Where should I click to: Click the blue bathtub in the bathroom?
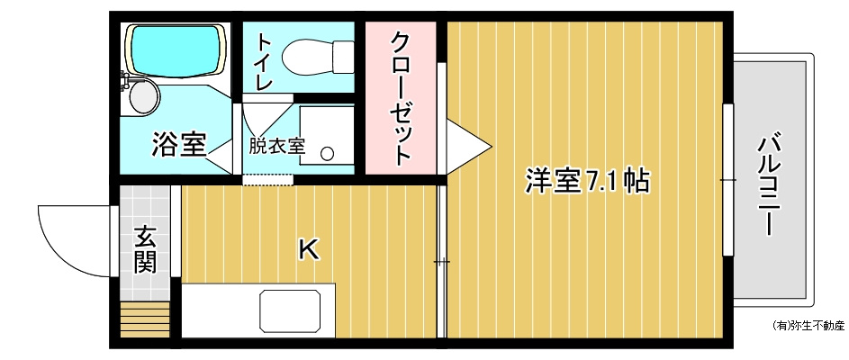click(175, 49)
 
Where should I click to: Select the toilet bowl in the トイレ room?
click(317, 57)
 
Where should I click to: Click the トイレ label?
click(264, 61)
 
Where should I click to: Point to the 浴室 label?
click(178, 145)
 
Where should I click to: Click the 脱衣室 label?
click(277, 146)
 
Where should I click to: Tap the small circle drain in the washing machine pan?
click(327, 153)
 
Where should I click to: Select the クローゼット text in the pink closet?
click(402, 98)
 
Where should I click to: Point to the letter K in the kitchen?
click(309, 249)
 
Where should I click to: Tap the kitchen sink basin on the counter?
click(290, 310)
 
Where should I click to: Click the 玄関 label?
click(146, 250)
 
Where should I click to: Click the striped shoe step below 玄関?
click(145, 319)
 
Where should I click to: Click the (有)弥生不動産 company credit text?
click(808, 326)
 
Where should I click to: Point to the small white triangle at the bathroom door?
click(221, 154)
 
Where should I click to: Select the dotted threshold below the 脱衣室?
click(268, 180)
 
